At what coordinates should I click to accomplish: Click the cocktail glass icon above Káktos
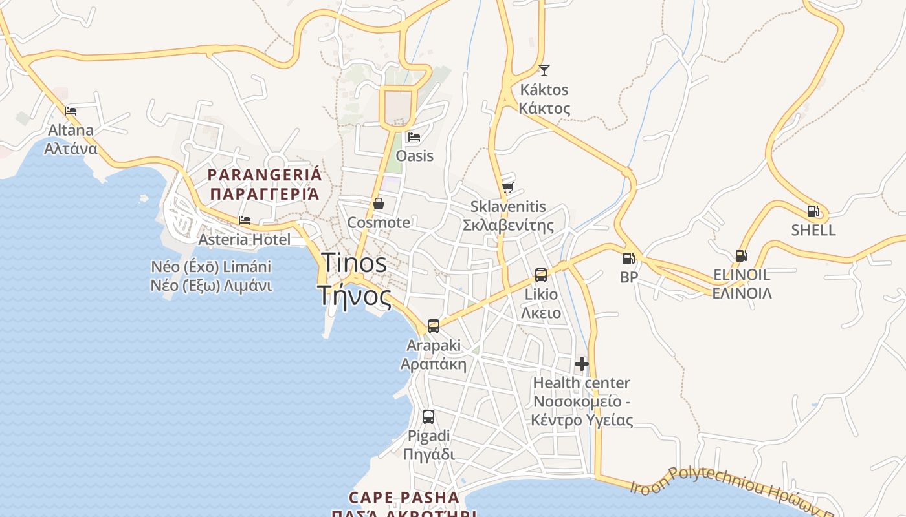[544, 70]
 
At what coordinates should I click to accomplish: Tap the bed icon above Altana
[71, 111]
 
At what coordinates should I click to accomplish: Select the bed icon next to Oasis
[414, 137]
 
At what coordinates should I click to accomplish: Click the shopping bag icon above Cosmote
[379, 204]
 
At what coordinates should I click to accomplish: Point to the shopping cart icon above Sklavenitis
[507, 188]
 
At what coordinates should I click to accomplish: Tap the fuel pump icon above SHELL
[813, 211]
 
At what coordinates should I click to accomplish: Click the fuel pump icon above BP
[628, 258]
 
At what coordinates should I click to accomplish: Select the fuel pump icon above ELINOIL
[742, 256]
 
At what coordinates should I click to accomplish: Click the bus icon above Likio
[541, 275]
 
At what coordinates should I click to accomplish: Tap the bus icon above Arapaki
[434, 326]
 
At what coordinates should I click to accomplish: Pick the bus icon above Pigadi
[428, 417]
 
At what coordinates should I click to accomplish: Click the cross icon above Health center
[582, 364]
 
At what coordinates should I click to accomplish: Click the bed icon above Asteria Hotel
[245, 220]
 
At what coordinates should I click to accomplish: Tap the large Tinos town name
[354, 279]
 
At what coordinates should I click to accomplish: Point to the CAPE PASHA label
[404, 498]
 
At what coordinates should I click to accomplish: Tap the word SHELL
[813, 230]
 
